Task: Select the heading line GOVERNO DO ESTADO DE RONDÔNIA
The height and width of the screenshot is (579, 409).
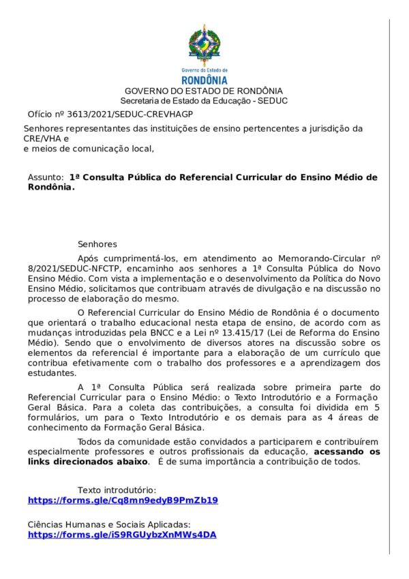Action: [204, 91]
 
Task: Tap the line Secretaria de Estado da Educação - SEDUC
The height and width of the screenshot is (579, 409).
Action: [204, 100]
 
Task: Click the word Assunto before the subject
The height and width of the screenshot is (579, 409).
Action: [46, 177]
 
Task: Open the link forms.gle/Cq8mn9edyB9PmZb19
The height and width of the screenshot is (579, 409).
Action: [123, 500]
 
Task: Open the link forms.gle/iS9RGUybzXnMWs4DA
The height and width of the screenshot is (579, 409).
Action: [122, 535]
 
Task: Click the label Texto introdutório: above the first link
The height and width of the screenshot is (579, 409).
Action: [117, 490]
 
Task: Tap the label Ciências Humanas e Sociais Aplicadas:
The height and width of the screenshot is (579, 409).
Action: [109, 525]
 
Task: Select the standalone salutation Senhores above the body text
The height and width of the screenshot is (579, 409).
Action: [97, 243]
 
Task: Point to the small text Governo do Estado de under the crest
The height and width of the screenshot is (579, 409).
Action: [204, 70]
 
